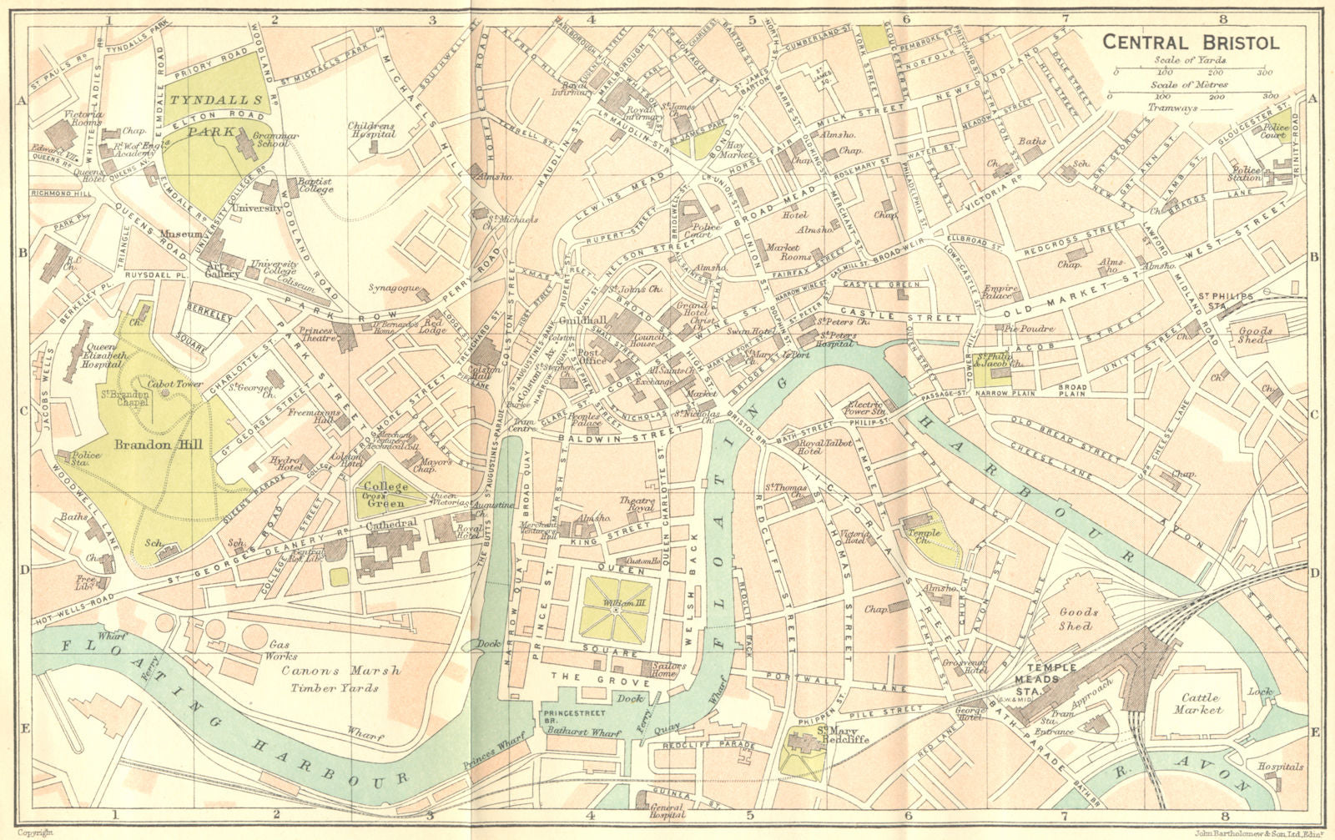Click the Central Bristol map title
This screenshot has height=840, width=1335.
pos(1191,43)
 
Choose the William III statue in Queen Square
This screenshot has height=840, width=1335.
pos(617,611)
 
